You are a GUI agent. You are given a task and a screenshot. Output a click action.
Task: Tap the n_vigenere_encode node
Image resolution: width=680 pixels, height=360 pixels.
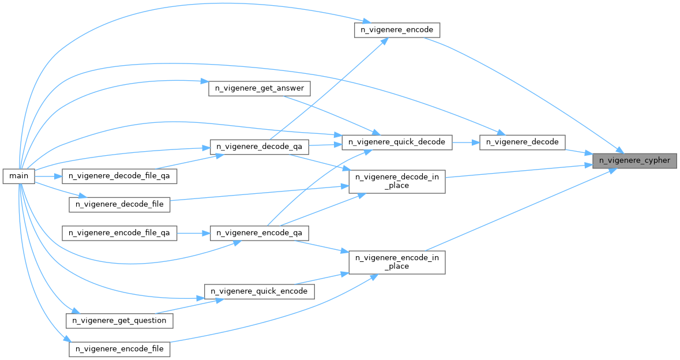click(x=397, y=31)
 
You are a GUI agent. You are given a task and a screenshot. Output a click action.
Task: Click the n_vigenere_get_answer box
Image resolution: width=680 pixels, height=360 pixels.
click(x=259, y=89)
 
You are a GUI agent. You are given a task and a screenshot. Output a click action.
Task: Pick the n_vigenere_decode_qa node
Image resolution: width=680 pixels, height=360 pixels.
click(x=259, y=147)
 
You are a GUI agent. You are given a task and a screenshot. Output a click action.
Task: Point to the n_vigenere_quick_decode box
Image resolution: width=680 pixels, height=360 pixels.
click(x=397, y=141)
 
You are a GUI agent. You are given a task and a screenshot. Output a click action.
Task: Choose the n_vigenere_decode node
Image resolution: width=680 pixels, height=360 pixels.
click(x=522, y=141)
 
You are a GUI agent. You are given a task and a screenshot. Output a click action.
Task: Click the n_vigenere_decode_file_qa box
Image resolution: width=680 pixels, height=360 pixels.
click(x=119, y=175)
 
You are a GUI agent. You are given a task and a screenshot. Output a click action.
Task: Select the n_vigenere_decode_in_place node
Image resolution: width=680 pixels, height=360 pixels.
click(x=397, y=181)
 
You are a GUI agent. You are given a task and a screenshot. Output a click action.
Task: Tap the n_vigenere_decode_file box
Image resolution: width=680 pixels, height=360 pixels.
click(x=119, y=204)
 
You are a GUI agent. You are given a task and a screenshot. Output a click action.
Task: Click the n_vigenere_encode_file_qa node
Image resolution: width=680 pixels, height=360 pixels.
click(x=119, y=233)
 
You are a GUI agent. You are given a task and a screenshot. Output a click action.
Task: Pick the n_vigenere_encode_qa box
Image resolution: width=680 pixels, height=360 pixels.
click(x=259, y=233)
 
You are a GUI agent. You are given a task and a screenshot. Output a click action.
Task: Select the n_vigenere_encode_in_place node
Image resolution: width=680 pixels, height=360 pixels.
click(x=397, y=262)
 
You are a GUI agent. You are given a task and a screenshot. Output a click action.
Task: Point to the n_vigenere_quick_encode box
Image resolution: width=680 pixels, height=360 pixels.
click(x=259, y=291)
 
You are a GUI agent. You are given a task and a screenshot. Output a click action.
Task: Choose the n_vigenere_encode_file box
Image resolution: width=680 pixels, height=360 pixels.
click(x=119, y=349)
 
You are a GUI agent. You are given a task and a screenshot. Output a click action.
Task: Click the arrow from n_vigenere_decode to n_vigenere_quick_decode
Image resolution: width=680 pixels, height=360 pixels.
click(x=465, y=141)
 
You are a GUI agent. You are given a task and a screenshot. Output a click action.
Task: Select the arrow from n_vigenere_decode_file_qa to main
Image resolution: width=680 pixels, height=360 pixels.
click(x=48, y=175)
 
